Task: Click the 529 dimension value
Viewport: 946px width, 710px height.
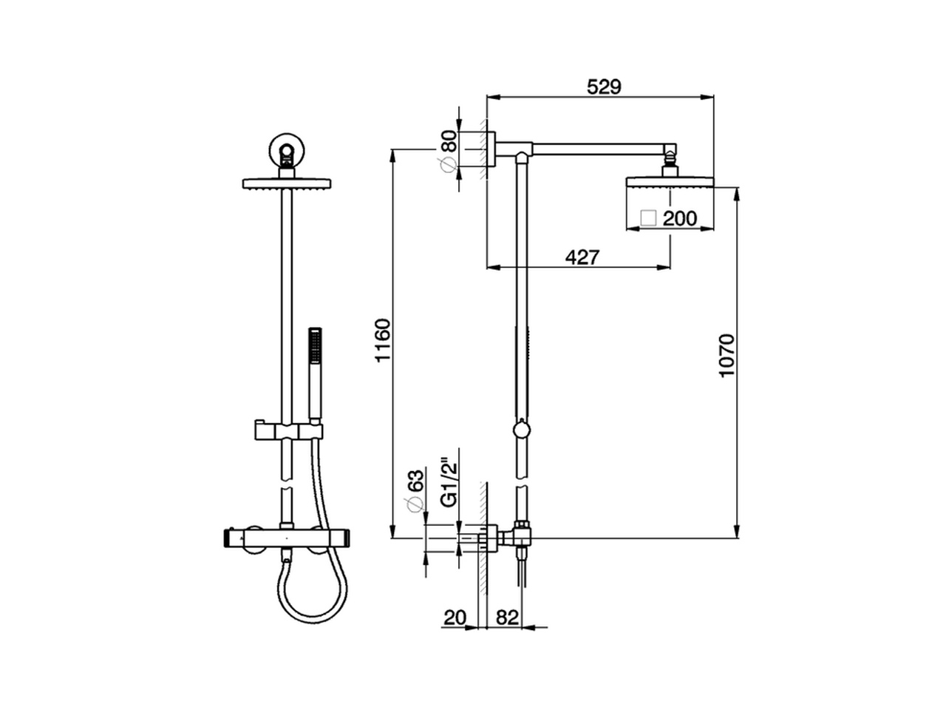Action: click(604, 87)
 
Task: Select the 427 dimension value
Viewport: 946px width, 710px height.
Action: click(582, 257)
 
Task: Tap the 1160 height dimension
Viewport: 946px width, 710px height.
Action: click(382, 340)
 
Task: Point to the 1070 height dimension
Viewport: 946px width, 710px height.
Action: click(727, 355)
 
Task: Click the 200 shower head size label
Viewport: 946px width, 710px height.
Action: click(679, 218)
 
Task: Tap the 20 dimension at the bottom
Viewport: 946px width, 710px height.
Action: click(455, 618)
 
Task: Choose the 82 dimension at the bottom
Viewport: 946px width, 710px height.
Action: click(507, 618)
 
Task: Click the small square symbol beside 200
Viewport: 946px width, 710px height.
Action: click(648, 218)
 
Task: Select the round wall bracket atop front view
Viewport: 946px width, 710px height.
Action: click(286, 150)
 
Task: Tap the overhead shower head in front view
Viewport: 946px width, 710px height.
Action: click(286, 183)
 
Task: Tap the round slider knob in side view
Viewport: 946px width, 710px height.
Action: click(522, 429)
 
